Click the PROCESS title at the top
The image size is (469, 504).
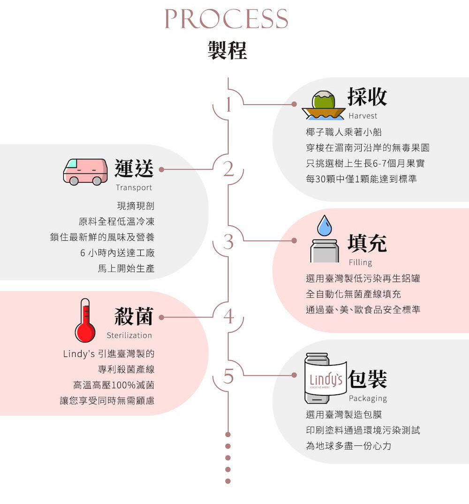[x=226, y=19]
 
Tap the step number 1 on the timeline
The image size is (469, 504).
[x=228, y=105]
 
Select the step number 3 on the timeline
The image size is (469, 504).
[x=228, y=242]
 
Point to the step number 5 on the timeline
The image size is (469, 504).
[x=228, y=376]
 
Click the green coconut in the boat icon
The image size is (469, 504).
[x=324, y=100]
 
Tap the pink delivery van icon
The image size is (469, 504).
[x=85, y=171]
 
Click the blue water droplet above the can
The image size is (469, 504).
[x=324, y=226]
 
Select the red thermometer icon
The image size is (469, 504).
[x=85, y=321]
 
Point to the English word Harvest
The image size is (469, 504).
[x=363, y=116]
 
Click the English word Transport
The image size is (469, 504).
[x=134, y=187]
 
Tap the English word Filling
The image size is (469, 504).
[x=360, y=262]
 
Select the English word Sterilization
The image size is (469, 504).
[x=129, y=335]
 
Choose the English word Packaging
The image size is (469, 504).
[x=368, y=399]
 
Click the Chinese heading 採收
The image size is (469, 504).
[x=367, y=97]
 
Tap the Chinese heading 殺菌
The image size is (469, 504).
[x=134, y=317]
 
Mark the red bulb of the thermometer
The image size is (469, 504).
[x=85, y=332]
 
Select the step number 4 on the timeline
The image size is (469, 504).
[x=228, y=317]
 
